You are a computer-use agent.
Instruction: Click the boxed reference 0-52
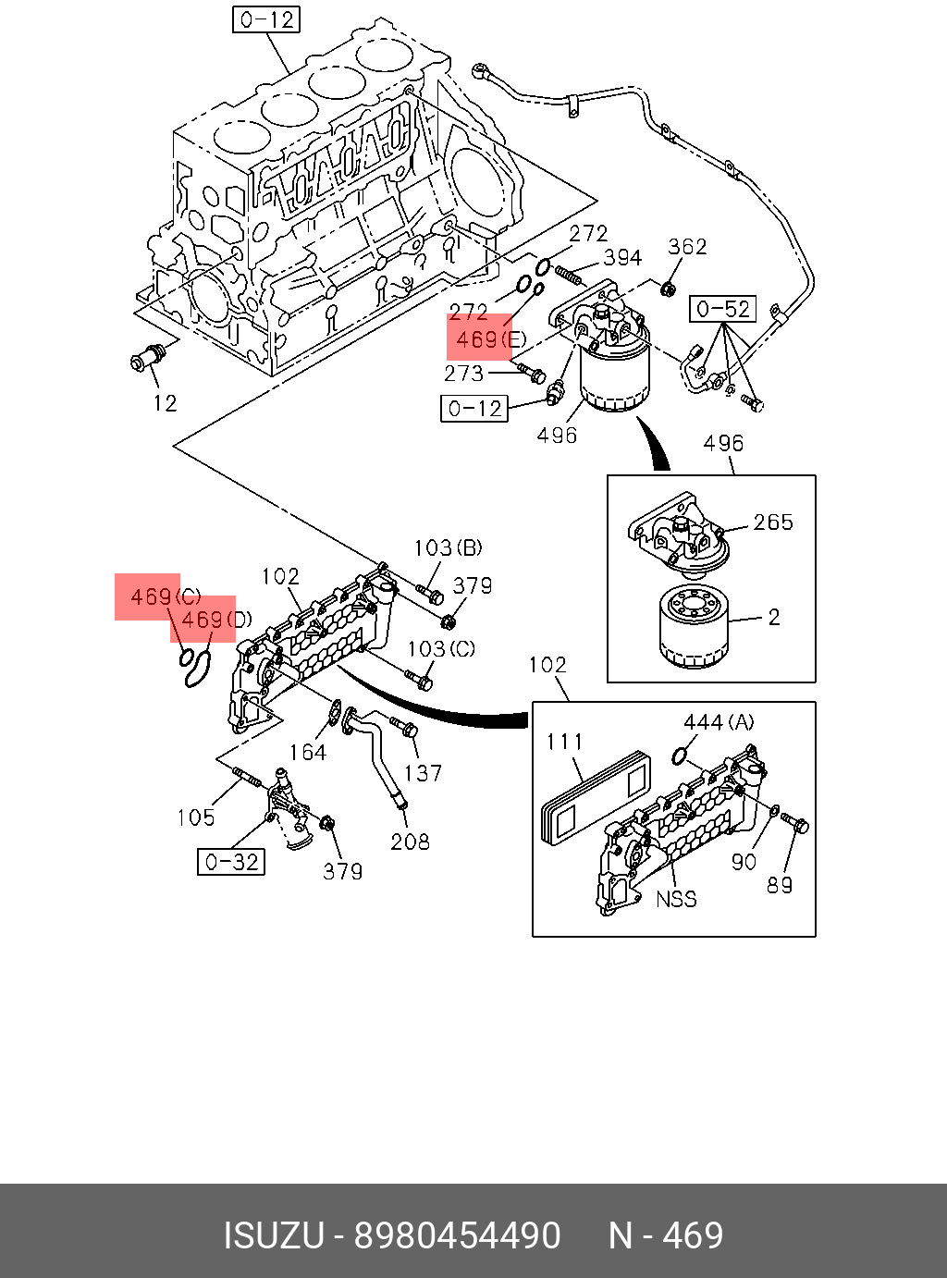[x=723, y=309]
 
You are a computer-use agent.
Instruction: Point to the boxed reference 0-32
[x=231, y=862]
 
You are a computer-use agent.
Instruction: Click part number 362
[x=687, y=246]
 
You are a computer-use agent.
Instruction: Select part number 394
[x=622, y=257]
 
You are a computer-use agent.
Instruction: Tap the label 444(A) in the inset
[x=718, y=722]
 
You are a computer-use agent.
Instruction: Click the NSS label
[x=676, y=899]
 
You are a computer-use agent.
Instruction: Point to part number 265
[x=773, y=522]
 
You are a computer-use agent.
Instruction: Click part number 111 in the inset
[x=564, y=742]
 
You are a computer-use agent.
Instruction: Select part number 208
[x=410, y=842]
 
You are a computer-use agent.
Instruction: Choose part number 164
[x=307, y=753]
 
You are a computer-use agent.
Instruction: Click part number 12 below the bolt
[x=166, y=403]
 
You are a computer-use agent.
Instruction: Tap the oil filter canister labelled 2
[x=693, y=626]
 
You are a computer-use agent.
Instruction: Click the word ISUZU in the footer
[x=274, y=1235]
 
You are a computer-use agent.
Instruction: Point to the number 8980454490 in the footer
[x=458, y=1235]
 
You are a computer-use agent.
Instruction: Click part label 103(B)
[x=448, y=547]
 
